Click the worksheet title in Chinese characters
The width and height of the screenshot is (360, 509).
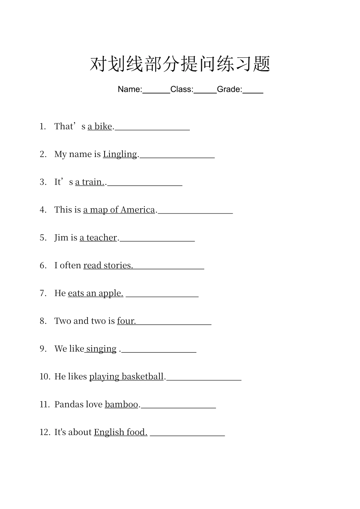point(180,64)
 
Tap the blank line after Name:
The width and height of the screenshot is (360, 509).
point(156,91)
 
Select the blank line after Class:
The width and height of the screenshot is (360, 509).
point(205,91)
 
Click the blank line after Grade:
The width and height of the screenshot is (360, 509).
point(253,91)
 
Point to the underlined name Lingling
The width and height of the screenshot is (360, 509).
point(120,154)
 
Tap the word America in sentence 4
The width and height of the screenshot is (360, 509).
point(138,210)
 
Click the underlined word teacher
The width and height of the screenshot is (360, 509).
point(102,237)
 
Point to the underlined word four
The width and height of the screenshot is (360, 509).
point(126,321)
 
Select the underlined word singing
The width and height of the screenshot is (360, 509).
point(101,349)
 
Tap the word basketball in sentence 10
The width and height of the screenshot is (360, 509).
point(143,376)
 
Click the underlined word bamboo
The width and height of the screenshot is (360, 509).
point(121,404)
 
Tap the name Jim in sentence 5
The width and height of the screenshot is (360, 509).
point(61,237)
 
